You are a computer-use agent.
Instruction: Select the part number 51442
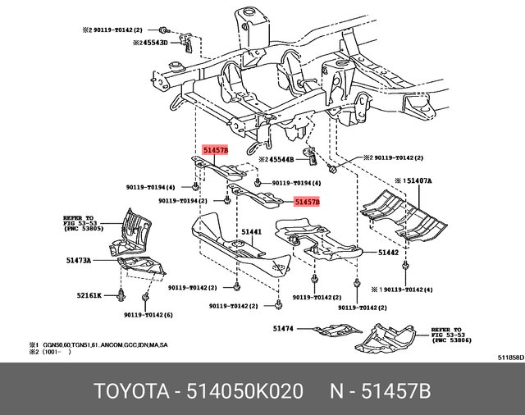click(388, 253)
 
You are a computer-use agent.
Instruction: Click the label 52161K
click(89, 294)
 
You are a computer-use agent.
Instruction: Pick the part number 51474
click(282, 328)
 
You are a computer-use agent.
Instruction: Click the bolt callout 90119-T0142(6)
click(149, 315)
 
